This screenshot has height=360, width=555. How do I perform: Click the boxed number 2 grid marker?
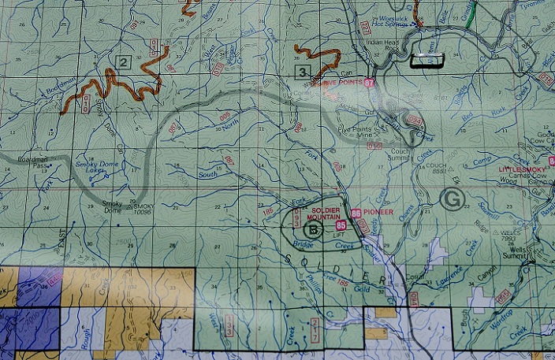123,61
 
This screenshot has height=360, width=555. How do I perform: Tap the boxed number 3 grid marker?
301,73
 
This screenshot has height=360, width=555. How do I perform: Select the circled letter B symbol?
313,230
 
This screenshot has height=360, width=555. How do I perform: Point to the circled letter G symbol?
452,198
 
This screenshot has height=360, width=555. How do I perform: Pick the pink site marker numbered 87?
369,82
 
